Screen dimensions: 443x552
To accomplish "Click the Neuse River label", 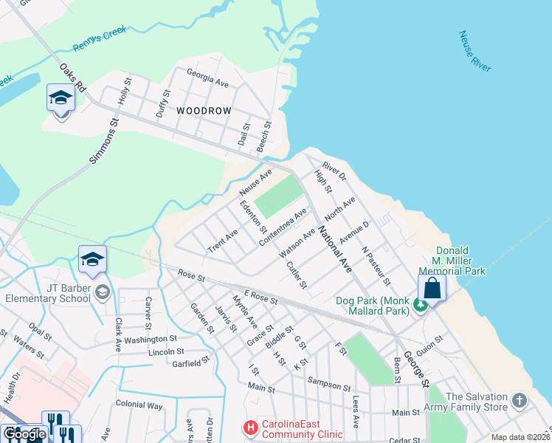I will (x=474, y=51).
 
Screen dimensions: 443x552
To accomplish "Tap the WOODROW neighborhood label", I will (x=204, y=111).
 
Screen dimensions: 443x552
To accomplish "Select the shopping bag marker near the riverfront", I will (x=432, y=288).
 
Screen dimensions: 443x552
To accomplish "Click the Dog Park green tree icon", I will (x=420, y=304).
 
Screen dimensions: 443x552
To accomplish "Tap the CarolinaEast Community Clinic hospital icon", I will (x=251, y=427).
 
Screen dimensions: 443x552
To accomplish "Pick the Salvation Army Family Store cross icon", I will (x=520, y=401).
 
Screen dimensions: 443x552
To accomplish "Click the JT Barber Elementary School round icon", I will (x=101, y=293).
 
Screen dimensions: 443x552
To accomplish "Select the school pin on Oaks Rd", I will (x=61, y=97).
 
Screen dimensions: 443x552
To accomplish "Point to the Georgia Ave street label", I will (x=207, y=79).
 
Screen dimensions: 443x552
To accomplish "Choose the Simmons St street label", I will (x=104, y=142).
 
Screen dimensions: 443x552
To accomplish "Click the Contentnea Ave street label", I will (x=283, y=227).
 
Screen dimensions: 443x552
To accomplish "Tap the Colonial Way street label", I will (x=139, y=405).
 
